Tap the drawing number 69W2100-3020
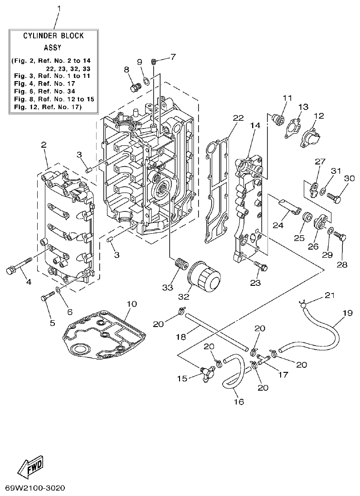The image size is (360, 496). (x=35, y=488)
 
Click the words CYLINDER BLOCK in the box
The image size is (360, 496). (x=54, y=35)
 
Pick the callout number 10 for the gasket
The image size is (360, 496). (x=131, y=304)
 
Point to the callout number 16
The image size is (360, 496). (x=238, y=401)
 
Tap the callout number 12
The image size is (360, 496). (x=319, y=116)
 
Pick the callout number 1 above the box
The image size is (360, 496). (x=58, y=9)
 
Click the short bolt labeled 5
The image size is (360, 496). (x=47, y=298)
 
